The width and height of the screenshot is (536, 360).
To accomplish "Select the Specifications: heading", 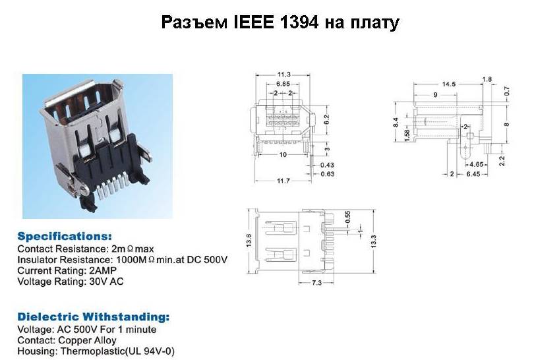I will pos(65,236).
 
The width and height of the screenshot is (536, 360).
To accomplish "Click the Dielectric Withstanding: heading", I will pos(93,316).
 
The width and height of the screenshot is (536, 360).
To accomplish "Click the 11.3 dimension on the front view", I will pos(284,75).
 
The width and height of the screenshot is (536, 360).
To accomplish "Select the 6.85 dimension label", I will pos(283,84).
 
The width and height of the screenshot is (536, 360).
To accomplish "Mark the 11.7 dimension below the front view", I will pos(284,180).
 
